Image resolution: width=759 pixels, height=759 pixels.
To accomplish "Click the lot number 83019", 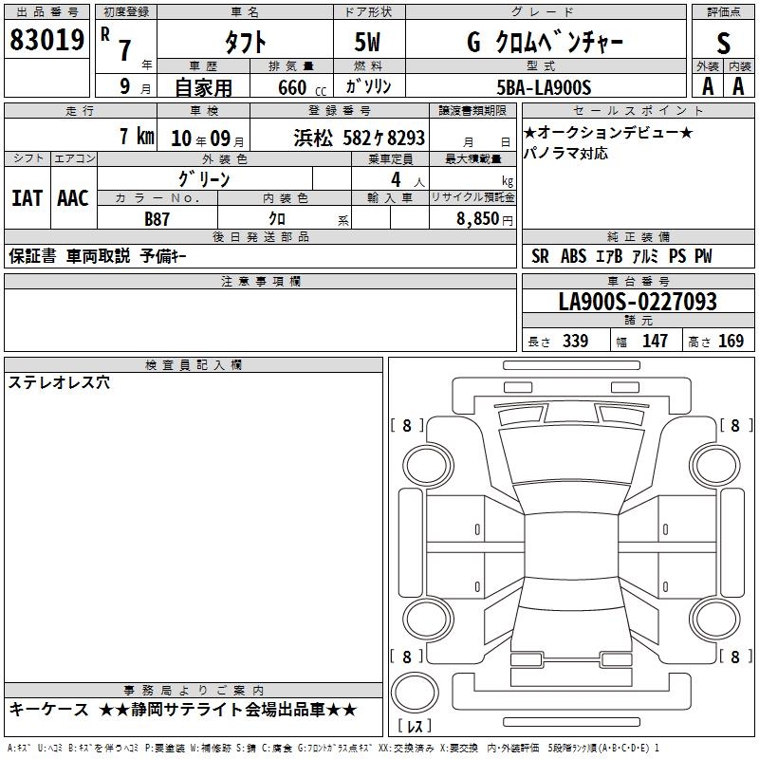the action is click(46, 40).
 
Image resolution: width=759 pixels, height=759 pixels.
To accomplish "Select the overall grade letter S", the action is click(723, 43).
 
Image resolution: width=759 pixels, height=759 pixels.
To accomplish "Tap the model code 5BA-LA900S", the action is click(544, 87).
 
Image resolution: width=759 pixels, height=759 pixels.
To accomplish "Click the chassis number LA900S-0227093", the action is click(638, 301).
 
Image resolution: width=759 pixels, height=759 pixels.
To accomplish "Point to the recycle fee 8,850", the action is click(478, 218).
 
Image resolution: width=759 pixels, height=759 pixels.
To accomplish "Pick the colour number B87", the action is click(157, 219).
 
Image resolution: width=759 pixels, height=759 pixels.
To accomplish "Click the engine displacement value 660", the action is click(292, 87).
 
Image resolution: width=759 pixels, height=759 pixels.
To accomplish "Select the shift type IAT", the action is click(27, 198).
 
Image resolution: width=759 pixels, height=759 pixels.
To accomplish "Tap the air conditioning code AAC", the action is click(73, 198).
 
